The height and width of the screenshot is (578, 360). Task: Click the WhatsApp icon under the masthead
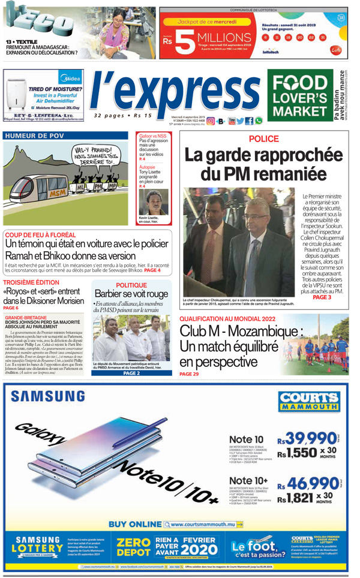pyautogui.click(x=259, y=121)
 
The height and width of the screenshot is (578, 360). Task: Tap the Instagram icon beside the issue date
pyautogui.click(x=211, y=121)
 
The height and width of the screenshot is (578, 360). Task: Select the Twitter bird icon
pyautogui.click(x=241, y=121)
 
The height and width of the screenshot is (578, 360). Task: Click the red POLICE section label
pyautogui.click(x=263, y=139)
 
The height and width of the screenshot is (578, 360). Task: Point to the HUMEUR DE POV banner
pyautogui.click(x=34, y=136)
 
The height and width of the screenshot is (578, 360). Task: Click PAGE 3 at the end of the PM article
pyautogui.click(x=322, y=297)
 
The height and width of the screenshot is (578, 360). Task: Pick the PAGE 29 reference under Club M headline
pyautogui.click(x=189, y=374)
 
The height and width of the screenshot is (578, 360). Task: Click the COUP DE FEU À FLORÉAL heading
pyautogui.click(x=40, y=235)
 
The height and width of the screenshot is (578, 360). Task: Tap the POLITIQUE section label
pyautogui.click(x=131, y=285)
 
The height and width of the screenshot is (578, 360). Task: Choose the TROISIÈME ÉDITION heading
pyautogui.click(x=31, y=282)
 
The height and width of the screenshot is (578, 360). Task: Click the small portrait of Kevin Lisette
pyautogui.click(x=152, y=202)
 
